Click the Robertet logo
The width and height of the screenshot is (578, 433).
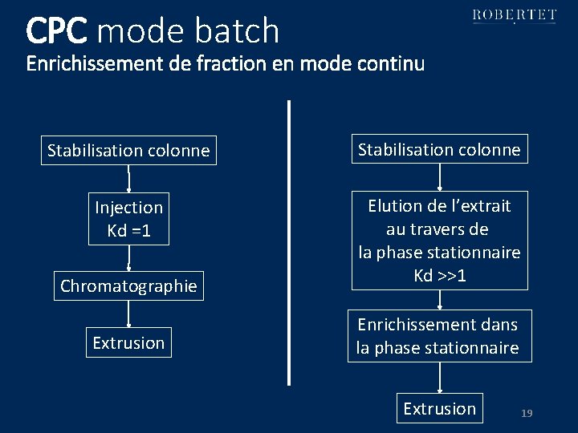514,15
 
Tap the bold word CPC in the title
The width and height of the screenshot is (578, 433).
55,31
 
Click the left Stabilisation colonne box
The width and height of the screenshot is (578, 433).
128,150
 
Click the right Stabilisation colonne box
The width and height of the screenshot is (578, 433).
439,149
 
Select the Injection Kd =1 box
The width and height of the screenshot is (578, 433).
128,219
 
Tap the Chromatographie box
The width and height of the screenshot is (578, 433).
128,286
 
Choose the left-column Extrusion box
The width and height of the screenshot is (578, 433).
128,342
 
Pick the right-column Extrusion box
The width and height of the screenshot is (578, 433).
439,409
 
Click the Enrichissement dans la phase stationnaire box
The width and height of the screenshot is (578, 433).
439,336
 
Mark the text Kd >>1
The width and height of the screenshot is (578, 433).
439,275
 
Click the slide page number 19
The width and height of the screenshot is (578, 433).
527,413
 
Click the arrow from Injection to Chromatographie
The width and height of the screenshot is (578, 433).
128,259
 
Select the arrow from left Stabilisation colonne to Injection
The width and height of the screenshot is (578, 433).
128,179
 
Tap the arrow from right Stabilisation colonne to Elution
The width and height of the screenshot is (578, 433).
439,177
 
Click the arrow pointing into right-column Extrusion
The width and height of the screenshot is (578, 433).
439,378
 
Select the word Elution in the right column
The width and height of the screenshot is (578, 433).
394,206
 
